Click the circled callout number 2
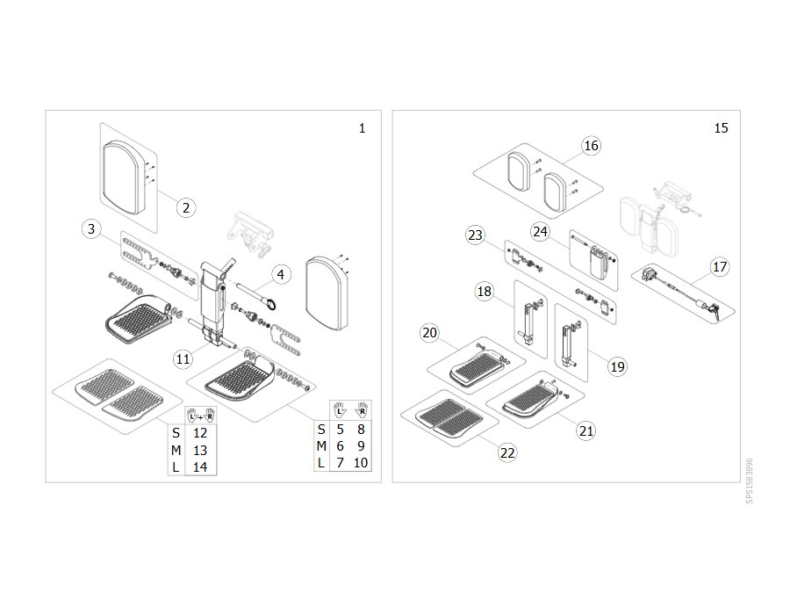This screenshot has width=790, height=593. [186, 207]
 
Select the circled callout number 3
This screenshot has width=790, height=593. [91, 229]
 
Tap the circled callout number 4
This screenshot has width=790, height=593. [281, 275]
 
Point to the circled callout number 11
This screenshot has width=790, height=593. [183, 359]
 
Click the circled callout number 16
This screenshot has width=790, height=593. [591, 146]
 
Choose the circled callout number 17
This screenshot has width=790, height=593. [720, 266]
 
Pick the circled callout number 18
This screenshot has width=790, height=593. [485, 291]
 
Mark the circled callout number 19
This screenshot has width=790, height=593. [618, 366]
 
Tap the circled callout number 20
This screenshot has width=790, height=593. [430, 333]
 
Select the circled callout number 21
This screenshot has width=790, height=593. [586, 430]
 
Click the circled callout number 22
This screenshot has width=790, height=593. [507, 452]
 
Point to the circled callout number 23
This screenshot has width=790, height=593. [475, 235]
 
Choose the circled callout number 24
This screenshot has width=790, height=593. [540, 231]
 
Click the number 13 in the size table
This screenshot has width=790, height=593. [200, 451]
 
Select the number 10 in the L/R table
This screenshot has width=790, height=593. [361, 462]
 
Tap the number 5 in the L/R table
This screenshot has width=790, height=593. [340, 429]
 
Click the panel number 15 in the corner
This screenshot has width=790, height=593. [721, 128]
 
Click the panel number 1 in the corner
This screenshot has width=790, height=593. [362, 128]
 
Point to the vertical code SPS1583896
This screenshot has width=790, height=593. [750, 481]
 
